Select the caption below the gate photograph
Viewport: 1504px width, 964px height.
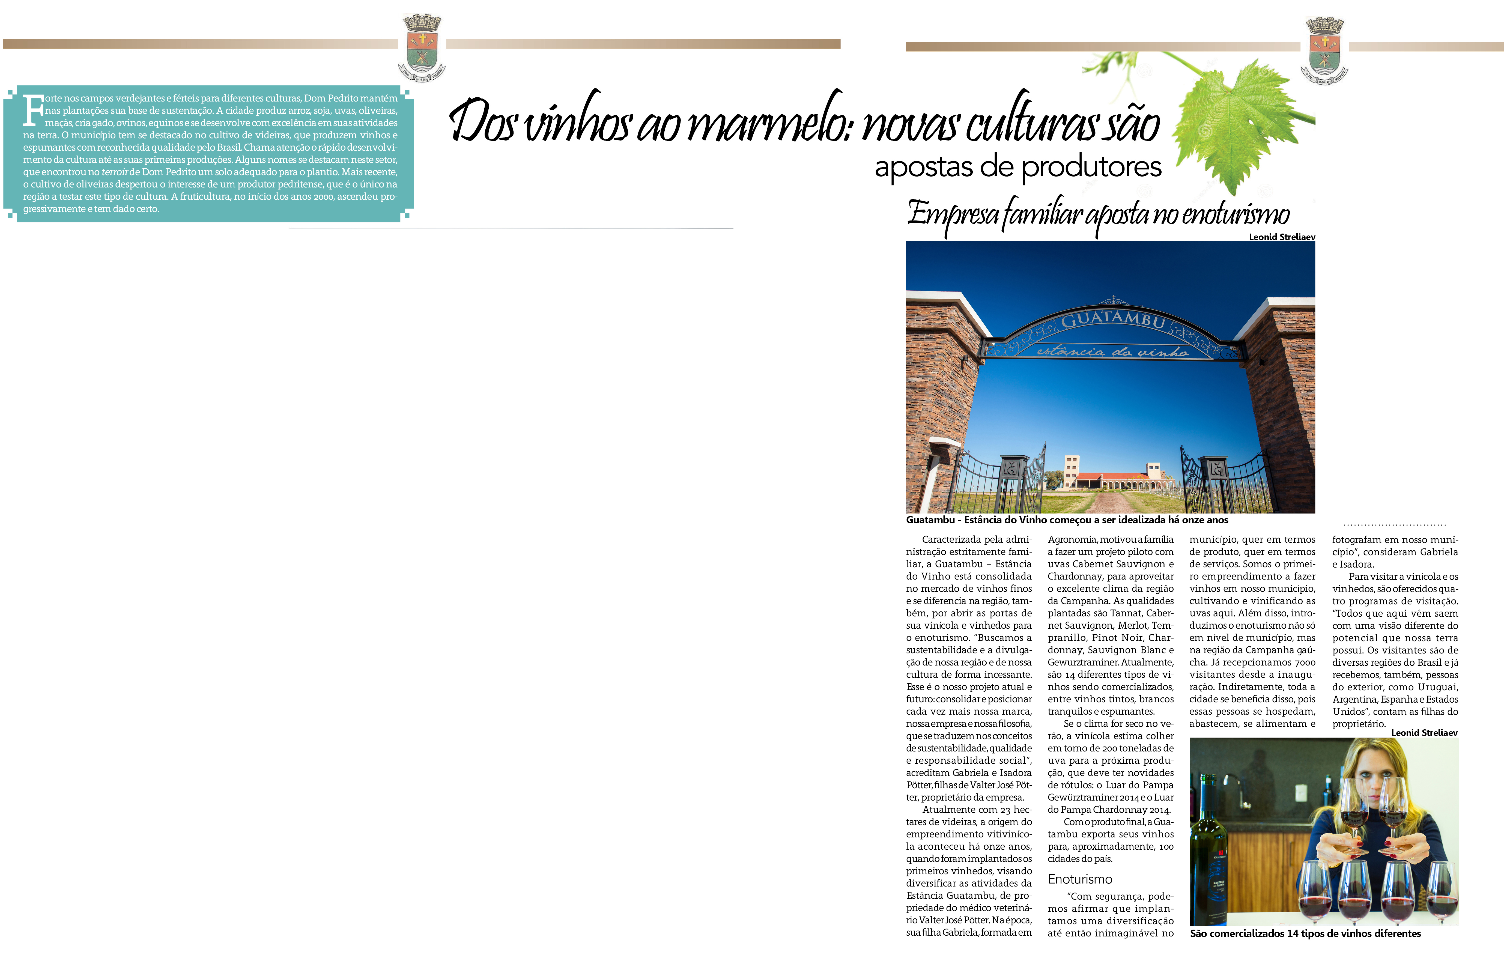(x=1067, y=520)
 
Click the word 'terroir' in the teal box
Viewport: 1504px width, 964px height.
(x=115, y=172)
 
